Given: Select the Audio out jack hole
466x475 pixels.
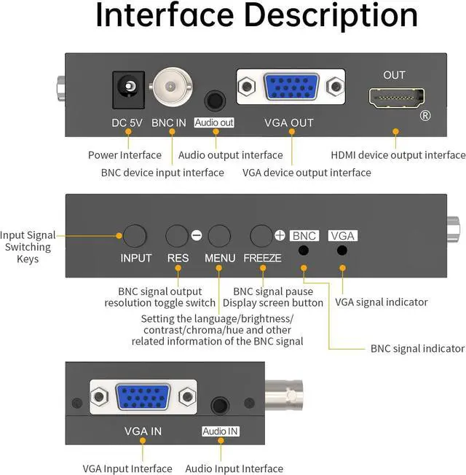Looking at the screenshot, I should [214, 99].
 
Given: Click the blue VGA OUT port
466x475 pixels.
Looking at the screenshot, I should [291, 88].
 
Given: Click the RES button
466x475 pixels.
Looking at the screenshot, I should [178, 236].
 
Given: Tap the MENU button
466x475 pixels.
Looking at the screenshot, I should [219, 236].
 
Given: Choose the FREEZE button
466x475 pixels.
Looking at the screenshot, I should [261, 236].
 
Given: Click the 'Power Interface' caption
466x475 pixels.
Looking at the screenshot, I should [125, 155].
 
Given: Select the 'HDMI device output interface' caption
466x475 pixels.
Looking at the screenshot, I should [398, 155].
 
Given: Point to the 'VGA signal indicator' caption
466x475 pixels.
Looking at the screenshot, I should [381, 302].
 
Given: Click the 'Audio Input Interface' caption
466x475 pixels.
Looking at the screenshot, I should [234, 468].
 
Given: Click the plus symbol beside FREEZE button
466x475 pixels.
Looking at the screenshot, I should [280, 235].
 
